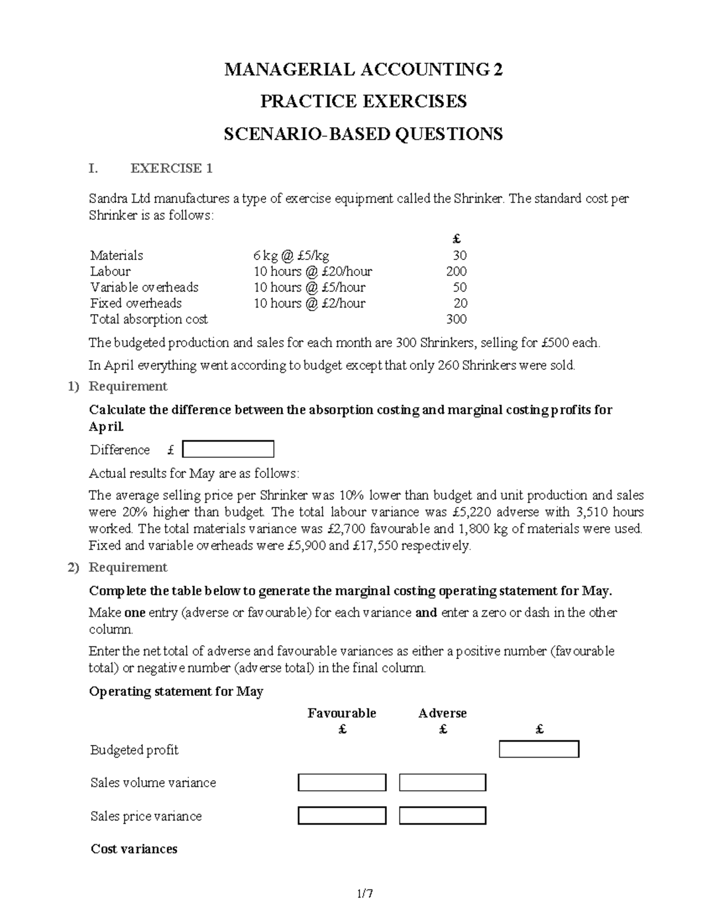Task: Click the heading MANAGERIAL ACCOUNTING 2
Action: (363, 70)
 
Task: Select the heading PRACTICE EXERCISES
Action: (363, 102)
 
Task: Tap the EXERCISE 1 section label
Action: (171, 169)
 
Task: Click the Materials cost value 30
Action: (459, 256)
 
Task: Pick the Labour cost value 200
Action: (456, 272)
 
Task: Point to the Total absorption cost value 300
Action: (456, 319)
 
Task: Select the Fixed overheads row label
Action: (136, 303)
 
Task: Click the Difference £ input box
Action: (228, 449)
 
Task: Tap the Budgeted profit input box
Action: (538, 749)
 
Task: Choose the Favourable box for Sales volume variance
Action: (342, 782)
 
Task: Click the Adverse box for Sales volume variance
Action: (442, 782)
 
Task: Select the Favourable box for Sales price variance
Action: (342, 816)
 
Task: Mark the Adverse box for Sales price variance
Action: (442, 816)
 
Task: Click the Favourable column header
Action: (342, 713)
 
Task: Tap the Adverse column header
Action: (442, 713)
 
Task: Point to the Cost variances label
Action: (134, 849)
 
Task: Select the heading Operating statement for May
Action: (176, 692)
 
